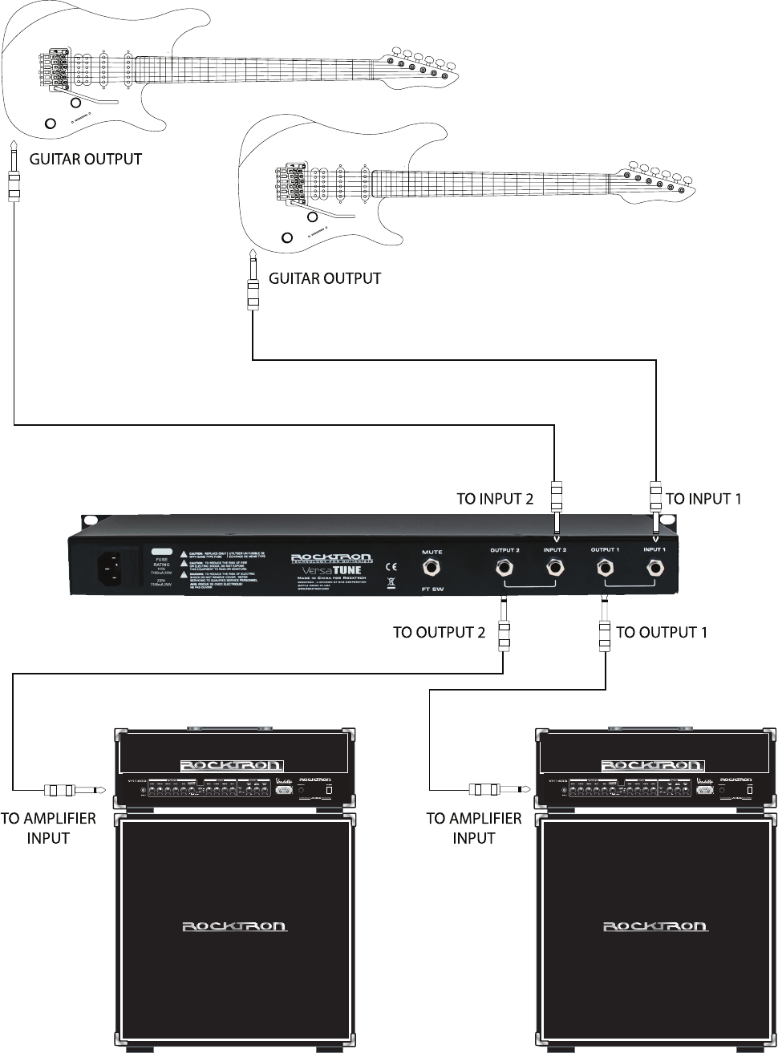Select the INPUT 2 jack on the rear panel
[x=555, y=569]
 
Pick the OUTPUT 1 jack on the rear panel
[x=605, y=569]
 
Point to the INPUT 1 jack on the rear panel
[x=654, y=569]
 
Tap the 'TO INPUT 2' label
[x=495, y=499]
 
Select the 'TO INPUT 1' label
[x=703, y=499]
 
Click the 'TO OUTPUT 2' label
[x=439, y=632]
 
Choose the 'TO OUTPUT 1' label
[x=662, y=632]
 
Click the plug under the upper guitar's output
[x=14, y=176]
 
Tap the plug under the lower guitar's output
[x=253, y=285]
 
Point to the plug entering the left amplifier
[x=76, y=791]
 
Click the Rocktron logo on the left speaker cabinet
[x=234, y=926]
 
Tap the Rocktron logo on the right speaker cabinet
[x=654, y=926]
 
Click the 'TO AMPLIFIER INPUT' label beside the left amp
[x=48, y=828]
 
